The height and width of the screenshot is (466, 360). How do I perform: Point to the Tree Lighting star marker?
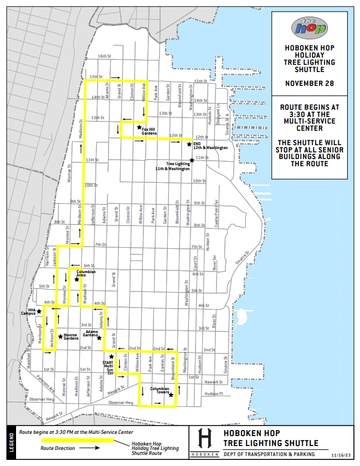tap(192, 160)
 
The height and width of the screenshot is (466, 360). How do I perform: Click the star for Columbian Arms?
tap(77, 279)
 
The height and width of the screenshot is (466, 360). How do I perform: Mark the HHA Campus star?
tap(39, 311)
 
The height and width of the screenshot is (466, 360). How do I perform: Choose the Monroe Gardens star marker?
tap(60, 336)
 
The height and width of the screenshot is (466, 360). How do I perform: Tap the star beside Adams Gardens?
tap(99, 338)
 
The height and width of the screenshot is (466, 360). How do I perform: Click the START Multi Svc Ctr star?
tap(111, 357)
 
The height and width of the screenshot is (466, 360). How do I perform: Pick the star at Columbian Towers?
tap(171, 395)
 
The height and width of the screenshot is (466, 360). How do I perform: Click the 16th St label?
tap(104, 57)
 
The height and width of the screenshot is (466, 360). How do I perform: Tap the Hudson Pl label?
tap(213, 393)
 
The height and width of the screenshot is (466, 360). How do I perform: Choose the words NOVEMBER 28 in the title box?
tap(310, 83)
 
